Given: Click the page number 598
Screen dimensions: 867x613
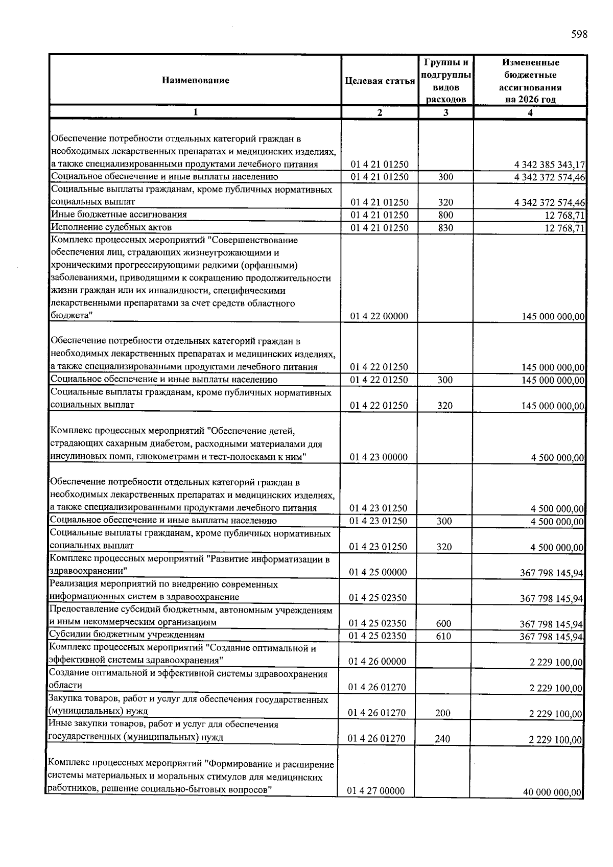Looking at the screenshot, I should [x=579, y=35].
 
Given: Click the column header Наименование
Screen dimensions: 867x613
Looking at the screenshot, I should [x=195, y=80].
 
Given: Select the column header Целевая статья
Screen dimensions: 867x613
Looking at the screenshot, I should [x=380, y=81].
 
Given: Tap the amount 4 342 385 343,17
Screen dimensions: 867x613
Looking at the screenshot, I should [x=549, y=165].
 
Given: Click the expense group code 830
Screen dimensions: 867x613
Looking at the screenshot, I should [x=445, y=228].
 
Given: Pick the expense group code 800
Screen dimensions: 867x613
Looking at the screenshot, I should [x=445, y=215].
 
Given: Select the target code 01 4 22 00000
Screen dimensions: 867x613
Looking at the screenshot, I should [x=379, y=316].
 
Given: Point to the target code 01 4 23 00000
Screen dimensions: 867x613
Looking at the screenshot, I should [x=379, y=457].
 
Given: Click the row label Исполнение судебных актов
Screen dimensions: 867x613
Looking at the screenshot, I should [x=111, y=227].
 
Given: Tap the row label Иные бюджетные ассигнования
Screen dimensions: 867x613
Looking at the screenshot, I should [x=119, y=215].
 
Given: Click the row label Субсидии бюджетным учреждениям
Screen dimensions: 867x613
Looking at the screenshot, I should [x=126, y=635].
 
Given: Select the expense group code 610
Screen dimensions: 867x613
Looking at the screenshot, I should [x=443, y=636].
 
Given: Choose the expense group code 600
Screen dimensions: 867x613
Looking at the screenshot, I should [x=443, y=623].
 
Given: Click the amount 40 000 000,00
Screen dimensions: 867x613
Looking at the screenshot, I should [x=552, y=792].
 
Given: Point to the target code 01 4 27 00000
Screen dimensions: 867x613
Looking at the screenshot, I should [x=376, y=791].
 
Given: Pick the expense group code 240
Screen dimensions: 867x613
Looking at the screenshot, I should [x=442, y=739].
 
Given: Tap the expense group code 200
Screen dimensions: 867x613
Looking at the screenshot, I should [x=442, y=713].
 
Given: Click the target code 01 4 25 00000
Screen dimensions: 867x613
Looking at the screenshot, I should [x=378, y=572].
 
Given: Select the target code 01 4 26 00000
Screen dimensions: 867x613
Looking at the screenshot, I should [x=377, y=662].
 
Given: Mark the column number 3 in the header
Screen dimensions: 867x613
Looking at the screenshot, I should [x=445, y=113].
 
